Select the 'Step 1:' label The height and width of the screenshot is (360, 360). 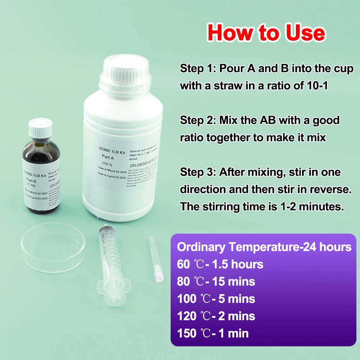[197, 69]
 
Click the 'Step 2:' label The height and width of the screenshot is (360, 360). [197, 120]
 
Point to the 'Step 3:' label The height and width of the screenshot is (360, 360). [197, 172]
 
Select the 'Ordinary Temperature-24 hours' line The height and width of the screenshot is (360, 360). [264, 247]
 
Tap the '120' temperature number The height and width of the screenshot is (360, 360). [186, 316]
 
